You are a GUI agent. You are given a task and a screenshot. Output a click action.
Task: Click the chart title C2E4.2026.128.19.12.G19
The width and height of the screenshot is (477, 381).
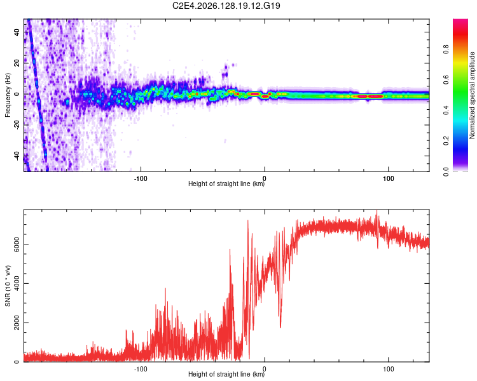(226, 6)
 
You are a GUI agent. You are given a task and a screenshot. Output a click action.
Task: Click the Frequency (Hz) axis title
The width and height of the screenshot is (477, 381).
(8, 95)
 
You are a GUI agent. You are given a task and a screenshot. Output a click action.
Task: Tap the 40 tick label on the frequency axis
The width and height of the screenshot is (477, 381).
(17, 32)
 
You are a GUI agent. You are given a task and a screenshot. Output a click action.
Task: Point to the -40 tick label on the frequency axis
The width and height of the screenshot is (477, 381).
(17, 156)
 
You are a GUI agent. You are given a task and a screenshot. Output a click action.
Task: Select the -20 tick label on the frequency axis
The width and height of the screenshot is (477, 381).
(17, 125)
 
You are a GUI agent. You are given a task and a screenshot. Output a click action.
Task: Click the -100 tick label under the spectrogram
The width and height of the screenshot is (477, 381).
(141, 178)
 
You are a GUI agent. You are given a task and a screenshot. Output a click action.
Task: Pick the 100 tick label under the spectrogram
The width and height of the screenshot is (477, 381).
(388, 178)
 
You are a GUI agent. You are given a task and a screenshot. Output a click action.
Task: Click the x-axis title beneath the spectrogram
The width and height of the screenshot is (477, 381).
(226, 184)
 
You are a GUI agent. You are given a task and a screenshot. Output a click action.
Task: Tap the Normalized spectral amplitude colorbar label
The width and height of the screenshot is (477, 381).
(472, 95)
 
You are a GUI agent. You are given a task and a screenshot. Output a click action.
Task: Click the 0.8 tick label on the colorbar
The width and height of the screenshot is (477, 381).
(446, 49)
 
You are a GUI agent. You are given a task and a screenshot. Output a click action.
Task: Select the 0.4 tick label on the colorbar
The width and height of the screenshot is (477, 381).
(446, 110)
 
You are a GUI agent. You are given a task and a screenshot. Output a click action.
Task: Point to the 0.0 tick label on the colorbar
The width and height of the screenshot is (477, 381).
(446, 171)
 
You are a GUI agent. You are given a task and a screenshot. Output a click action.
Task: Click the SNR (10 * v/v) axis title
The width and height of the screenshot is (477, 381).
(8, 286)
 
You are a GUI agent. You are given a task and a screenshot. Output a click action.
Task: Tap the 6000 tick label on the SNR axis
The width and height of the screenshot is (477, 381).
(17, 244)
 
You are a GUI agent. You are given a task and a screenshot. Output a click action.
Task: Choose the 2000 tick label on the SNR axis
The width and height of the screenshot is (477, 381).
(17, 323)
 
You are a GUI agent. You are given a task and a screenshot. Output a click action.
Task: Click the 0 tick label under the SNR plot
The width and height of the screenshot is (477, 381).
(265, 369)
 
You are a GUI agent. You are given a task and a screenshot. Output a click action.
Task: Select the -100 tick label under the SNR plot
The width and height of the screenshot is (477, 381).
(141, 369)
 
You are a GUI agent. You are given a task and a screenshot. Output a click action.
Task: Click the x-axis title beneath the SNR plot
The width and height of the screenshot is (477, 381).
(226, 374)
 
